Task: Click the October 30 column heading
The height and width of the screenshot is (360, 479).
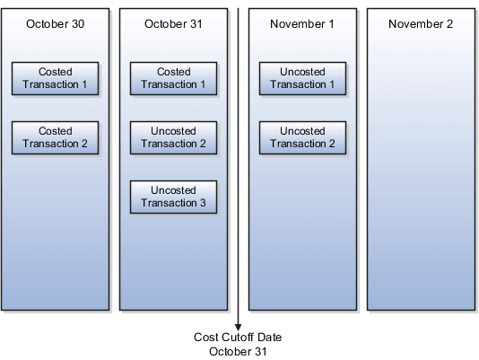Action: (55, 23)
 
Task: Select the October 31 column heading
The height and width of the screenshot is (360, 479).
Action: (173, 23)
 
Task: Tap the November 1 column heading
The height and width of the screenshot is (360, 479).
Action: (302, 23)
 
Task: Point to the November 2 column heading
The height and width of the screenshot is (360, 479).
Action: (421, 23)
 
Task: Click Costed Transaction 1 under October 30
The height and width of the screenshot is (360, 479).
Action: (56, 77)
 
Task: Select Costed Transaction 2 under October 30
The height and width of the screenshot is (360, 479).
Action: (56, 137)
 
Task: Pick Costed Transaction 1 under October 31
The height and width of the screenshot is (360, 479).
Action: (173, 77)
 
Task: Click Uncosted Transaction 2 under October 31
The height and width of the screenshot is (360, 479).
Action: (173, 137)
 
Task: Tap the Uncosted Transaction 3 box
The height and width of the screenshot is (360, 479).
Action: (173, 197)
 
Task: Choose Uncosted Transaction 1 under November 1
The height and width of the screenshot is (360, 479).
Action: (302, 77)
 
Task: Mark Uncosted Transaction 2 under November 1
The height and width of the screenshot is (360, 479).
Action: (302, 137)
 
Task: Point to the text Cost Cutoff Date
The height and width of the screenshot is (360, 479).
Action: (239, 338)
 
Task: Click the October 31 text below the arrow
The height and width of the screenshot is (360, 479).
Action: (239, 351)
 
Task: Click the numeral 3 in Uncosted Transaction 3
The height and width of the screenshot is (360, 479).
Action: (203, 203)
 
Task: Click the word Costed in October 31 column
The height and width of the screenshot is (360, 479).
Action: (173, 71)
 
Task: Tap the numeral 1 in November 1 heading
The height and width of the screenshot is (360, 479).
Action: (331, 23)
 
